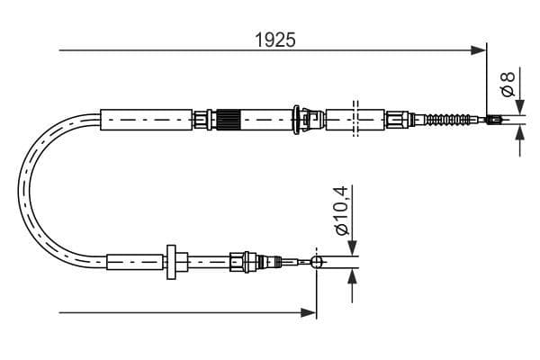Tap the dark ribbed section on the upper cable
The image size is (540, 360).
[229, 118]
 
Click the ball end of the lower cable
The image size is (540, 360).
[316, 262]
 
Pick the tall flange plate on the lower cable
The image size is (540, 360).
[170, 262]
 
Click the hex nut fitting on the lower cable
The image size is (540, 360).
[239, 262]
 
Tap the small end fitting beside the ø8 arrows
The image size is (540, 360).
[493, 120]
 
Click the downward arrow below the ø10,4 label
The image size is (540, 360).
[350, 247]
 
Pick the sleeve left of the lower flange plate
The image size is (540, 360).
[135, 262]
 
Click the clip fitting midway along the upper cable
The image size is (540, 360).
[310, 118]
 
